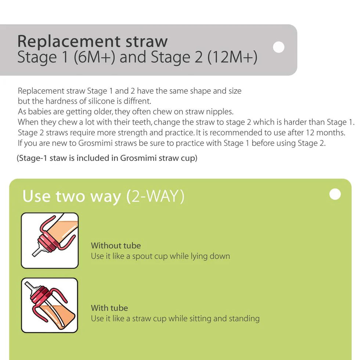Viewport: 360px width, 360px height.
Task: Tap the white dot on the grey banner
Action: [279, 47]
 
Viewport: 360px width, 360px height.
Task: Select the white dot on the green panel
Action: [335, 194]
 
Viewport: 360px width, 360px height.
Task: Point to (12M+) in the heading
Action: [232, 58]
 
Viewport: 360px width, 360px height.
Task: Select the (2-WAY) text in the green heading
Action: [155, 197]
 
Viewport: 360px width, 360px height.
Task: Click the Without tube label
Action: [116, 245]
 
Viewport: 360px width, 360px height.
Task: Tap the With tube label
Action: [109, 308]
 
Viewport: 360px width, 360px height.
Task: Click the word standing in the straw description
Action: [244, 318]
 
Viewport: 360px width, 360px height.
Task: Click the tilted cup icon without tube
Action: [50, 241]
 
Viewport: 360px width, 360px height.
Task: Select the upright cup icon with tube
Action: [50, 305]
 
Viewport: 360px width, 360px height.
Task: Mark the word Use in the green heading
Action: [36, 196]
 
